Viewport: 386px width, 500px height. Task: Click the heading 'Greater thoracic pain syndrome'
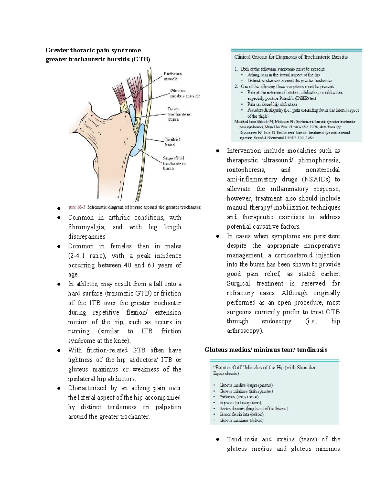(x=93, y=50)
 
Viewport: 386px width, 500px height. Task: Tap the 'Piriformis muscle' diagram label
(x=173, y=76)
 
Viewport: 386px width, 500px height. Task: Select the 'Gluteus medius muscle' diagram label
(x=185, y=93)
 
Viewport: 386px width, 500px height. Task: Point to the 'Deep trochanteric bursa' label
(x=179, y=114)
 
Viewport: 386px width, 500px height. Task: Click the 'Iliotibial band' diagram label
(x=173, y=142)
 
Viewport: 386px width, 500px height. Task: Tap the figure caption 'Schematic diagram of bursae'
(x=144, y=207)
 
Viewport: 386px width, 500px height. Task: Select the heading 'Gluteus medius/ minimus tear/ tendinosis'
(x=266, y=350)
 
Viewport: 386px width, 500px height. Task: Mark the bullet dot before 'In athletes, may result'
(x=59, y=284)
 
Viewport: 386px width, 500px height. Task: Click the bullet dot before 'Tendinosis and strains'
(x=218, y=439)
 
